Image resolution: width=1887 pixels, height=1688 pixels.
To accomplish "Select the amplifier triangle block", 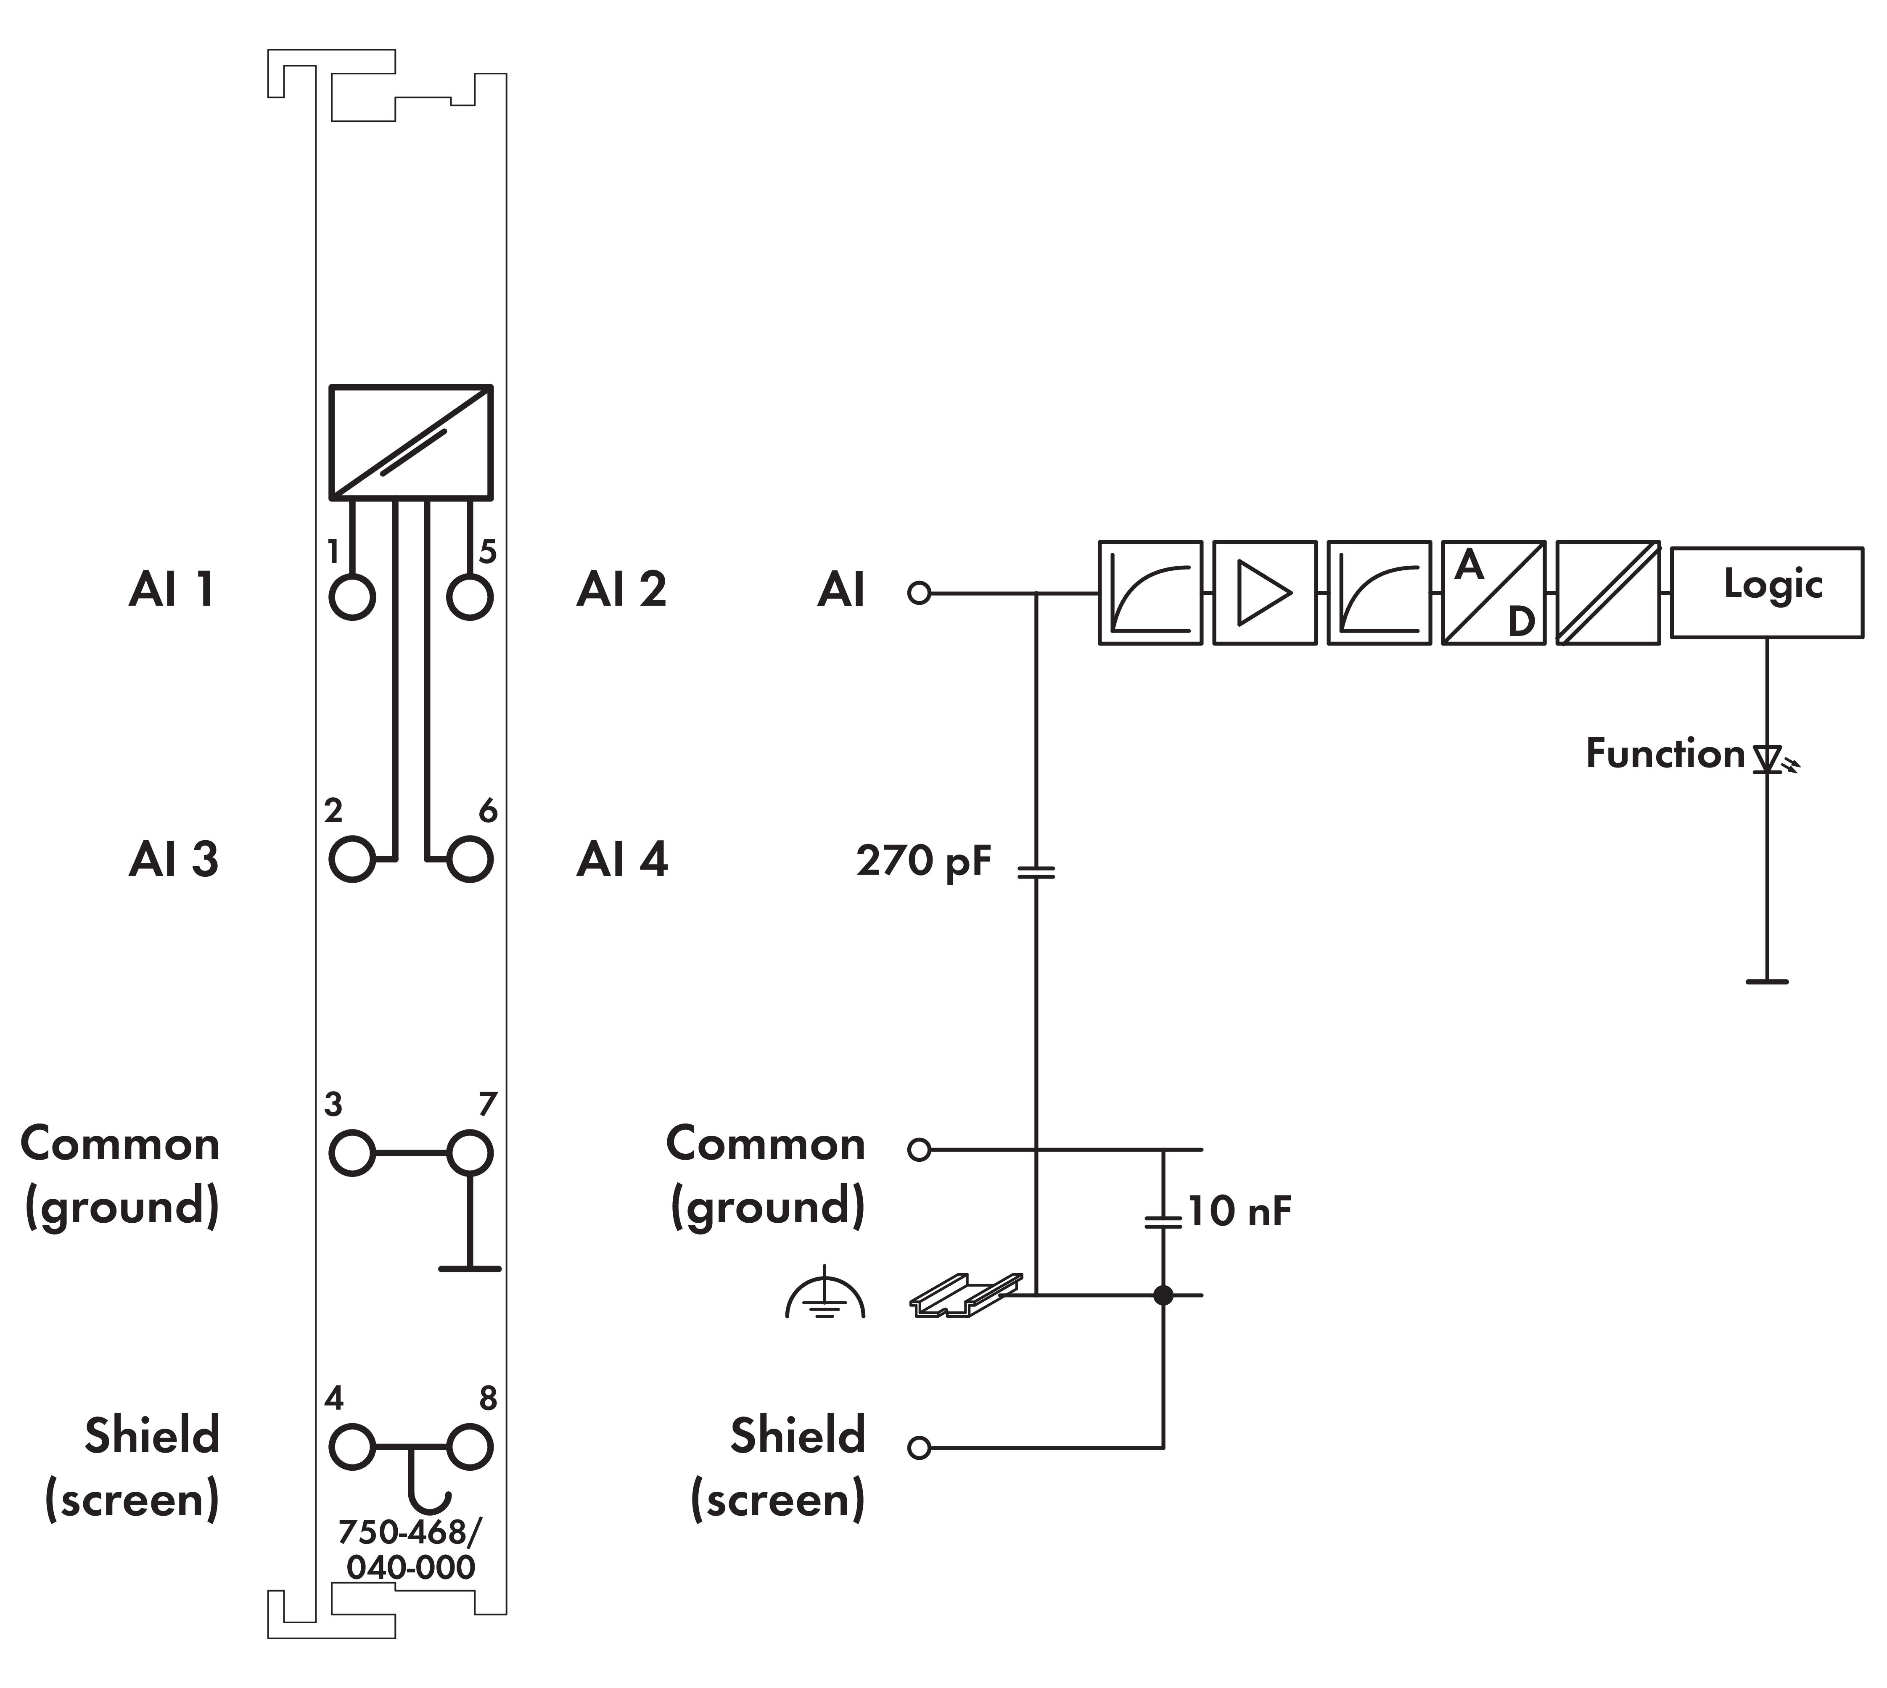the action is pyautogui.click(x=1264, y=593).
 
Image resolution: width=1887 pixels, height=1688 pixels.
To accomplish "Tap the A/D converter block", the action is pyautogui.click(x=1493, y=593).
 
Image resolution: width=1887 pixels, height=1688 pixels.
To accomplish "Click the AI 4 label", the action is pyautogui.click(x=621, y=860).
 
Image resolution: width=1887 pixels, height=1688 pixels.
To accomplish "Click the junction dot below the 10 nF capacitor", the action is pyautogui.click(x=1163, y=1295).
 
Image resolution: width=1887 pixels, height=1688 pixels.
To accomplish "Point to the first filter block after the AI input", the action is pyautogui.click(x=1150, y=593).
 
